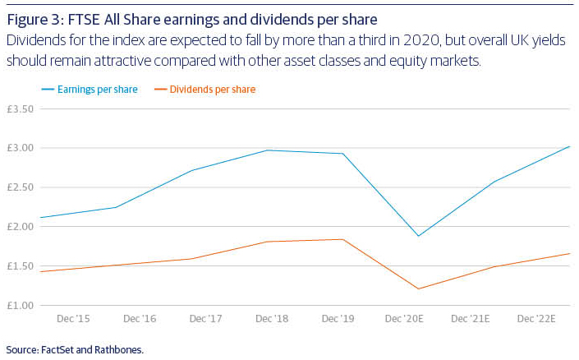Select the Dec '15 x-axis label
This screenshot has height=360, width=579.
point(72,319)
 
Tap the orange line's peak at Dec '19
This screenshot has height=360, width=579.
point(344,239)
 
